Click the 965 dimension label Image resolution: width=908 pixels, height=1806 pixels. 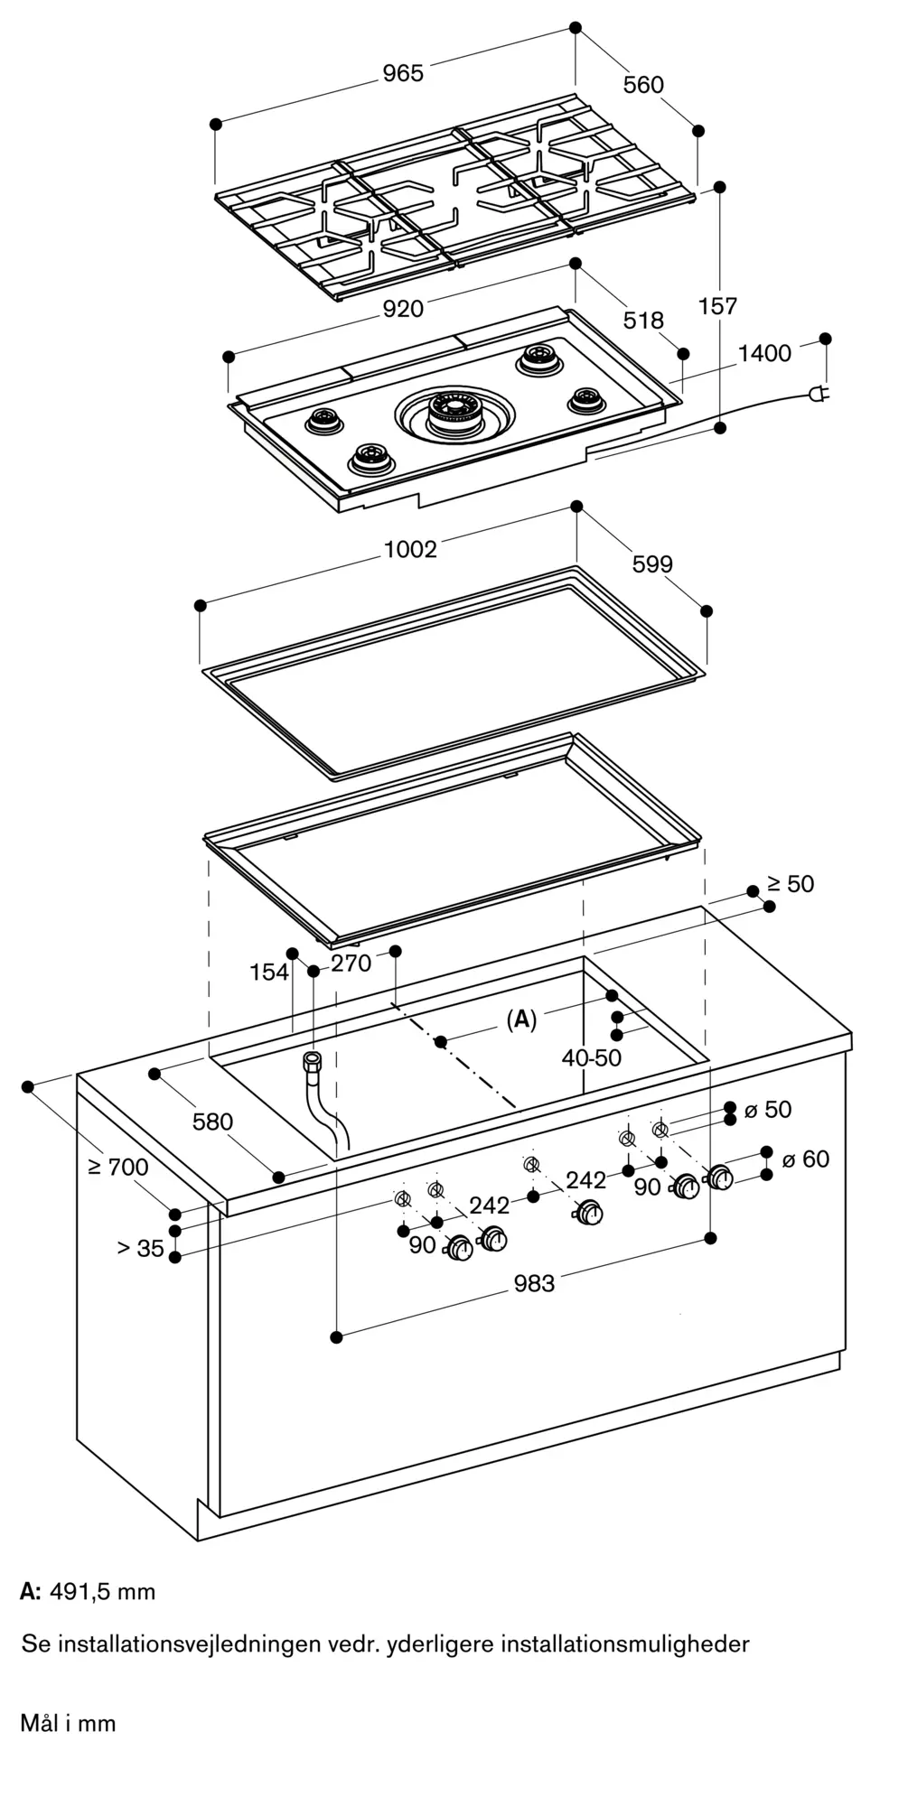(x=402, y=73)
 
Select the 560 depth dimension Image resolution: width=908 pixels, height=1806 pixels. (x=643, y=85)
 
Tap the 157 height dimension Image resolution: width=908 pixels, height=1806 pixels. (x=718, y=306)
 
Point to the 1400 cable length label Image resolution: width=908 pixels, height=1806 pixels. (x=764, y=353)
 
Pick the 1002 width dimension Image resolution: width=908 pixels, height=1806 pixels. (x=410, y=549)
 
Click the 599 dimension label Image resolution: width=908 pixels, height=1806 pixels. (x=652, y=564)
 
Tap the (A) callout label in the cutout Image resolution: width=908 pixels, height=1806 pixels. (x=521, y=1020)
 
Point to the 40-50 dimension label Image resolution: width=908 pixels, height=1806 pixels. (x=592, y=1057)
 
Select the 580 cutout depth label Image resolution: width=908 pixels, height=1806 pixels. (x=212, y=1122)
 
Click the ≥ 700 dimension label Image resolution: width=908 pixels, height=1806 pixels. (x=118, y=1167)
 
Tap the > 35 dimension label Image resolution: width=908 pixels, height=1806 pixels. (x=140, y=1249)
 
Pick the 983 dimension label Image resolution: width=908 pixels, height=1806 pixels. (x=534, y=1283)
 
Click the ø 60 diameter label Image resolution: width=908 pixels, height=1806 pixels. (x=805, y=1159)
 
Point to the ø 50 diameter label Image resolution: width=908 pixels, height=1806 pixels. (x=767, y=1110)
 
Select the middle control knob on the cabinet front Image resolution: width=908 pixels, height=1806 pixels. (x=592, y=1215)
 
